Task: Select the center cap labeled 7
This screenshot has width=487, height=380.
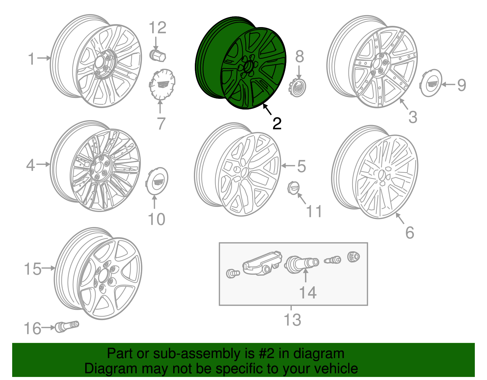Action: [162, 84]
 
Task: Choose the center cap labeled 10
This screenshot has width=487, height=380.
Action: [157, 181]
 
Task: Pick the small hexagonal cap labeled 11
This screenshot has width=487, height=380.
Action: [293, 188]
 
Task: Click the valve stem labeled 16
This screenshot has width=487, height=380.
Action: [67, 326]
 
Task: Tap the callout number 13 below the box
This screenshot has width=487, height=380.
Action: [292, 320]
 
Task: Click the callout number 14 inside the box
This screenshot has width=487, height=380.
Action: [308, 293]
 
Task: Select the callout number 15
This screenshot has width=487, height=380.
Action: [33, 269]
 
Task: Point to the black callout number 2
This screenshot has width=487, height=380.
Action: [277, 124]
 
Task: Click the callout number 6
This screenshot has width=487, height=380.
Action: [410, 233]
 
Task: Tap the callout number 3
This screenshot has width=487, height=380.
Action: [412, 117]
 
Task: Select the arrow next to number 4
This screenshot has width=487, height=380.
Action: [43, 165]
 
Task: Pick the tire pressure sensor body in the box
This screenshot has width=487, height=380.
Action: [262, 263]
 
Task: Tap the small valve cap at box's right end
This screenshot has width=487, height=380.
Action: [353, 257]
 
